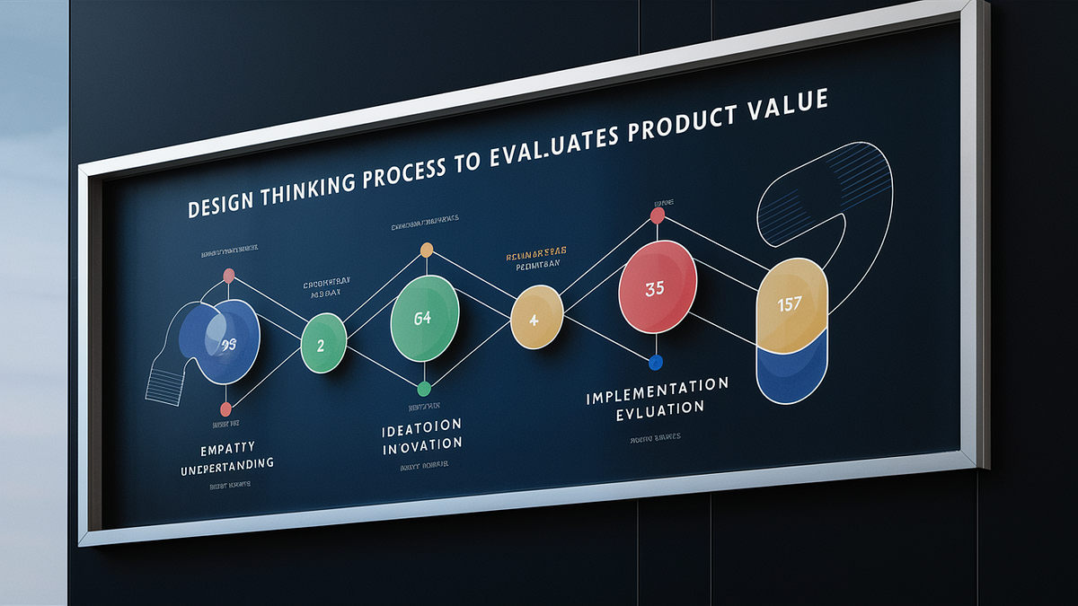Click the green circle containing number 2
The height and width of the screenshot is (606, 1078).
(x=323, y=344)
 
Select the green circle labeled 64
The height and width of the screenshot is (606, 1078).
(x=425, y=318)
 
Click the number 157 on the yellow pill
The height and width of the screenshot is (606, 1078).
(x=790, y=303)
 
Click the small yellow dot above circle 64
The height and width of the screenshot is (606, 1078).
(x=427, y=250)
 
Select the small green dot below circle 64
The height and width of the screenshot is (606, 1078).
(x=424, y=389)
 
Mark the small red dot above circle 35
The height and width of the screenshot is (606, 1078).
(x=657, y=215)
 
